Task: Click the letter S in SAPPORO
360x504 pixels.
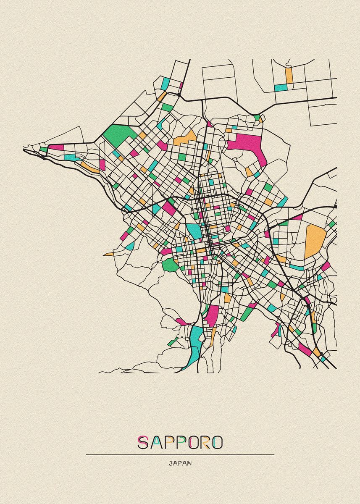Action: click(x=143, y=442)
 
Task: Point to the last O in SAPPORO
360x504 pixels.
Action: click(x=217, y=442)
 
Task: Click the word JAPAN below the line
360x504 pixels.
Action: click(x=180, y=464)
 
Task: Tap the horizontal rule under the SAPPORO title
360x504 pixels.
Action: click(x=180, y=454)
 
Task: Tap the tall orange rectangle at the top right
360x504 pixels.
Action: click(x=289, y=76)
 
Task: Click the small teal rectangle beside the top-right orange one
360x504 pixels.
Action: click(x=281, y=87)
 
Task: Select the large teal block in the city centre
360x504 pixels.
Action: click(x=194, y=230)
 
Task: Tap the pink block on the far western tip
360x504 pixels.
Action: click(x=56, y=147)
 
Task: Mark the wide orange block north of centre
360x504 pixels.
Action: click(x=185, y=138)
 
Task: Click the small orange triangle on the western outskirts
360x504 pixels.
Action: click(x=108, y=254)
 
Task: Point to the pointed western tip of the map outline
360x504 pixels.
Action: click(x=24, y=148)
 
